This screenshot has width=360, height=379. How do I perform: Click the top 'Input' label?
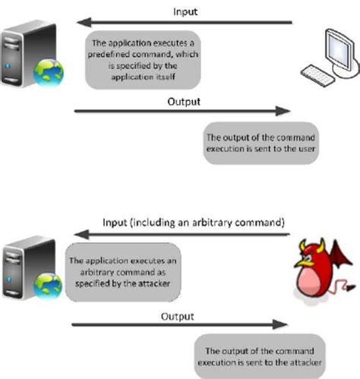coord(185,12)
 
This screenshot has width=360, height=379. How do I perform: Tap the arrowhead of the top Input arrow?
coord(84,22)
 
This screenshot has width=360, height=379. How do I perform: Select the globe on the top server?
coord(49,72)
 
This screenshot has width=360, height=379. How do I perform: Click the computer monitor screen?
coord(339,50)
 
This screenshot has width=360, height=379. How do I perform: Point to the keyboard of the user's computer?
coord(317,75)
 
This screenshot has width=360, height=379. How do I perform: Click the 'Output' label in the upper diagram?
coord(184,102)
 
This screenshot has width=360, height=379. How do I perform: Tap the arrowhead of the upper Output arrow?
coord(283,111)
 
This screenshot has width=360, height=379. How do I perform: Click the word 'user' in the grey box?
coord(307,149)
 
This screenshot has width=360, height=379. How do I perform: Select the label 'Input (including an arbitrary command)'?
coord(194,223)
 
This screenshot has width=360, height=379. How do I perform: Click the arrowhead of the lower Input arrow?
coord(81,235)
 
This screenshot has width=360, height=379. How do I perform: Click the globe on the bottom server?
coord(48,286)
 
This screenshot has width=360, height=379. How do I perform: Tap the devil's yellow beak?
coord(302,263)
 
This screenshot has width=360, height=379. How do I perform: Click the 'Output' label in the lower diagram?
coord(178,317)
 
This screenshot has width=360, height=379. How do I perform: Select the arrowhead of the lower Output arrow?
coord(280,324)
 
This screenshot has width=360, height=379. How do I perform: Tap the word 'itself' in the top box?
coord(166,77)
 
